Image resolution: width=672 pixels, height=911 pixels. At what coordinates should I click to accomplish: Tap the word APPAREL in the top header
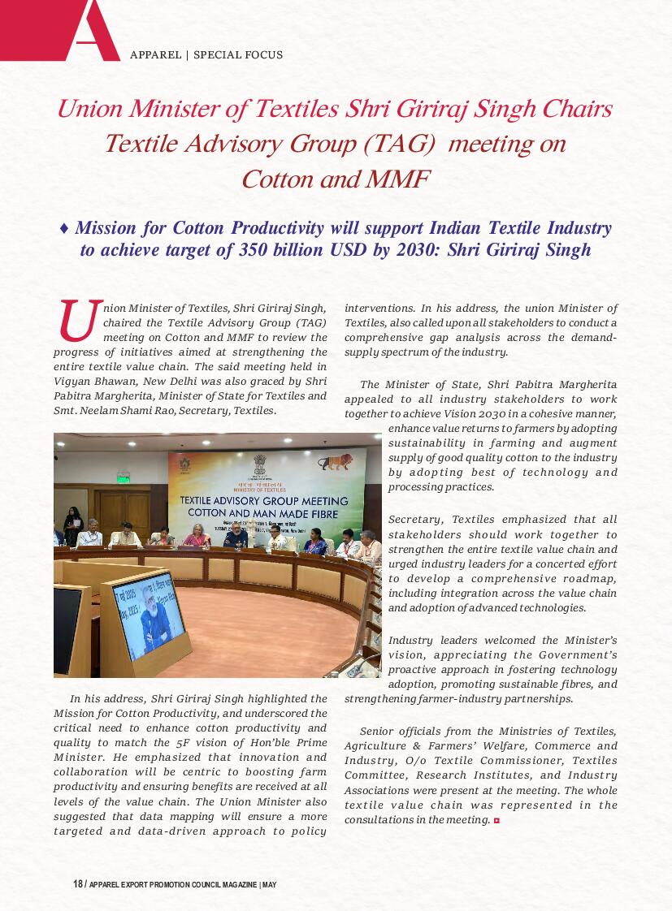coord(155,55)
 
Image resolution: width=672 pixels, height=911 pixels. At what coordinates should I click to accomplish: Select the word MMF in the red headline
coord(399,179)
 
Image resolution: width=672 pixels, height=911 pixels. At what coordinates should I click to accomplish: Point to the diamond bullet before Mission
coord(64,229)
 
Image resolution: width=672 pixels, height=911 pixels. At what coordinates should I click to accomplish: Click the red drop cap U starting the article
coord(77,321)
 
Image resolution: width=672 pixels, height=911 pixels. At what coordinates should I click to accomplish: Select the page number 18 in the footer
coord(78,884)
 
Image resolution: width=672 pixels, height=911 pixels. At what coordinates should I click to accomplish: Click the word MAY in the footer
coord(270,884)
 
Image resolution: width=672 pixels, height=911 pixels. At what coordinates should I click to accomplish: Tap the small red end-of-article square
coord(496,821)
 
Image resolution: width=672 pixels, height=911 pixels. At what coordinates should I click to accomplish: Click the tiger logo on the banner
coord(336,464)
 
